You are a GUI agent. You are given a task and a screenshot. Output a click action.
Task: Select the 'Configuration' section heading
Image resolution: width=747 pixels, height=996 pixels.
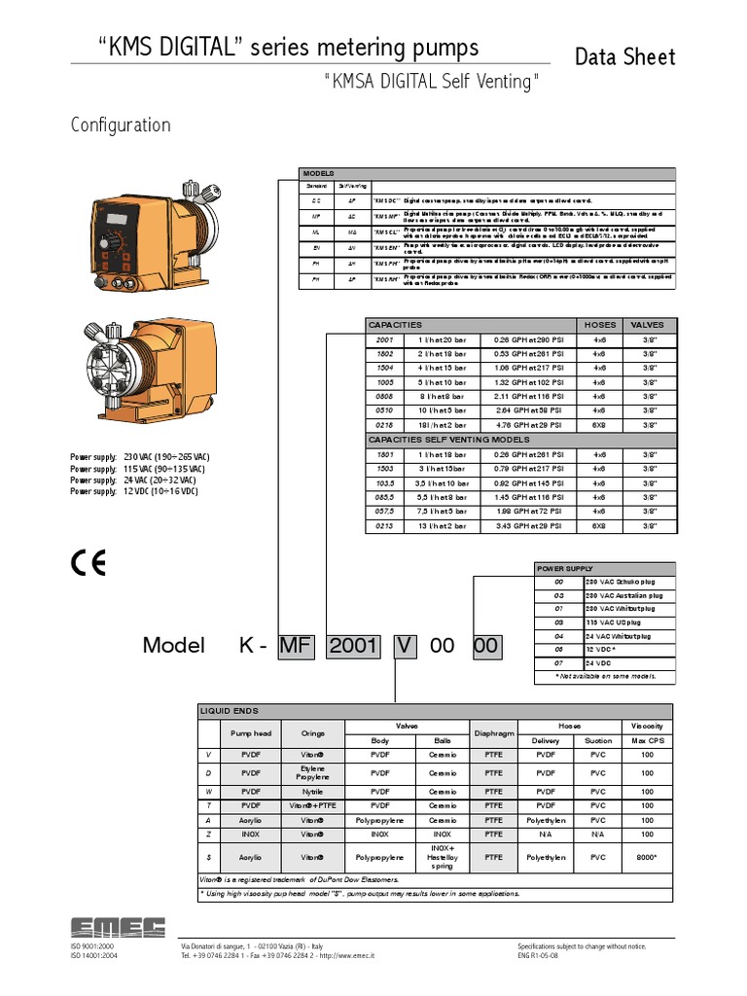tap(121, 125)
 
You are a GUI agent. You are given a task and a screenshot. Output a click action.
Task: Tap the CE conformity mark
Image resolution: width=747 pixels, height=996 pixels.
tap(89, 562)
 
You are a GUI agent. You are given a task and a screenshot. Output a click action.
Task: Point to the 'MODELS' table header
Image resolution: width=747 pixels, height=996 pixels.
tap(318, 172)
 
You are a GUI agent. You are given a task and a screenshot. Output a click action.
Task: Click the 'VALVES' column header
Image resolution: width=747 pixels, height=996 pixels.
tap(647, 325)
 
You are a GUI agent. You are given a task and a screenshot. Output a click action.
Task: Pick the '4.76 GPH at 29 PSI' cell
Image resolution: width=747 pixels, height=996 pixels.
tap(529, 425)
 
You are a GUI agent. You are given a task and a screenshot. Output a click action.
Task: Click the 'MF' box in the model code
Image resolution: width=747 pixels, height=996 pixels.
tap(297, 646)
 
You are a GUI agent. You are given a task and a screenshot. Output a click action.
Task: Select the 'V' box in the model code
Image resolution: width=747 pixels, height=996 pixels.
tap(403, 646)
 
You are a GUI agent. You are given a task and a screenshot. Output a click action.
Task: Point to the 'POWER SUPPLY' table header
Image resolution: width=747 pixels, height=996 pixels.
tap(564, 568)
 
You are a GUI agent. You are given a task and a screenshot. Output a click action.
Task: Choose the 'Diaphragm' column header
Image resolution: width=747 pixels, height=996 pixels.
tap(493, 731)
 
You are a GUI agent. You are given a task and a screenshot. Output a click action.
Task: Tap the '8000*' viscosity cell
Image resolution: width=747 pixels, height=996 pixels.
tap(647, 858)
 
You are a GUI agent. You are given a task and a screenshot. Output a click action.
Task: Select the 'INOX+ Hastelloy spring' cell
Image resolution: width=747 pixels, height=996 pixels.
tap(442, 858)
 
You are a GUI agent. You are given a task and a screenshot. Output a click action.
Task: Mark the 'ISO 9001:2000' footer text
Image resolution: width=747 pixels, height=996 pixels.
tap(92, 946)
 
